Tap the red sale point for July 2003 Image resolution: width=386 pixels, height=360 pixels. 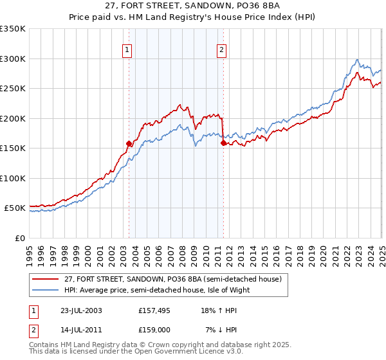[129, 144]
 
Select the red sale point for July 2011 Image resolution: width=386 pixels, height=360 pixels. [223, 143]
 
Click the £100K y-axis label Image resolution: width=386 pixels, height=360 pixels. [13, 178]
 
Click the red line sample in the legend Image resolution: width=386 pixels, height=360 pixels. [46, 279]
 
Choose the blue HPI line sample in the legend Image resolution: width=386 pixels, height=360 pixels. [46, 290]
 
